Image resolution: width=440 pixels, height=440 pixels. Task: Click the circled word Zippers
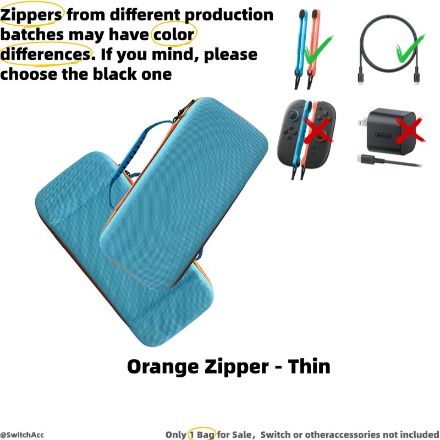[x=31, y=15]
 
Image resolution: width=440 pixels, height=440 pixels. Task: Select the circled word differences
[x=46, y=54]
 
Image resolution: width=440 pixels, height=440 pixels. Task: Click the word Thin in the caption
[x=309, y=366]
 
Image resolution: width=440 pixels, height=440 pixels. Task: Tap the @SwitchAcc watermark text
[x=22, y=435]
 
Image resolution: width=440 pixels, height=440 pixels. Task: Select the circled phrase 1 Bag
[x=202, y=435]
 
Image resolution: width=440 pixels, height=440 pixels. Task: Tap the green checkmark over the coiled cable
[x=410, y=48]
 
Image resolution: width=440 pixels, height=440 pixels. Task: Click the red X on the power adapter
[x=410, y=129]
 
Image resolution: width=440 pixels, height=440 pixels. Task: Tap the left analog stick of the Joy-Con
[x=293, y=114]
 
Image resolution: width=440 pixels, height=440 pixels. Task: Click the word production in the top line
[x=229, y=15]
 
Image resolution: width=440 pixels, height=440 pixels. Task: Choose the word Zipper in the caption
[x=237, y=367]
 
